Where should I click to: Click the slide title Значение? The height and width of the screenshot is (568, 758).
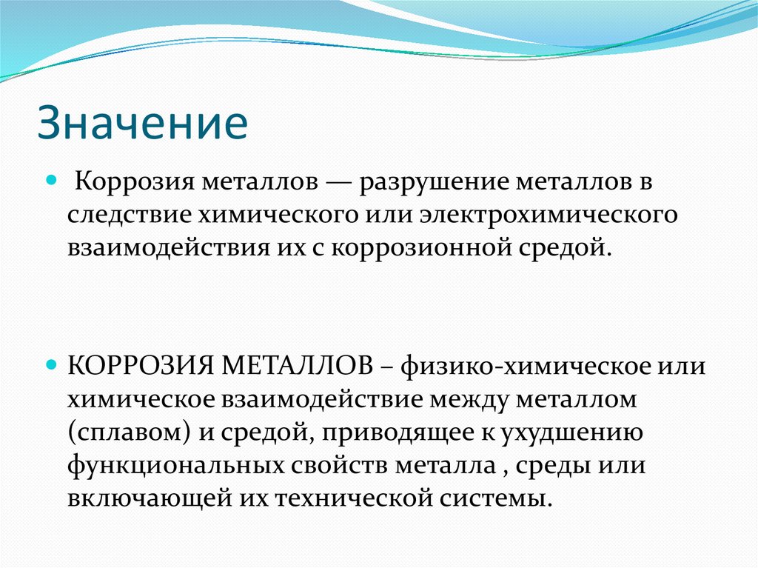(x=143, y=121)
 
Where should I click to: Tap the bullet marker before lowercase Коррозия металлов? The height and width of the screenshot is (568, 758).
(x=51, y=180)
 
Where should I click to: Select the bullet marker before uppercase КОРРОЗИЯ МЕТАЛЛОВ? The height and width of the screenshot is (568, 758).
(x=51, y=366)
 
